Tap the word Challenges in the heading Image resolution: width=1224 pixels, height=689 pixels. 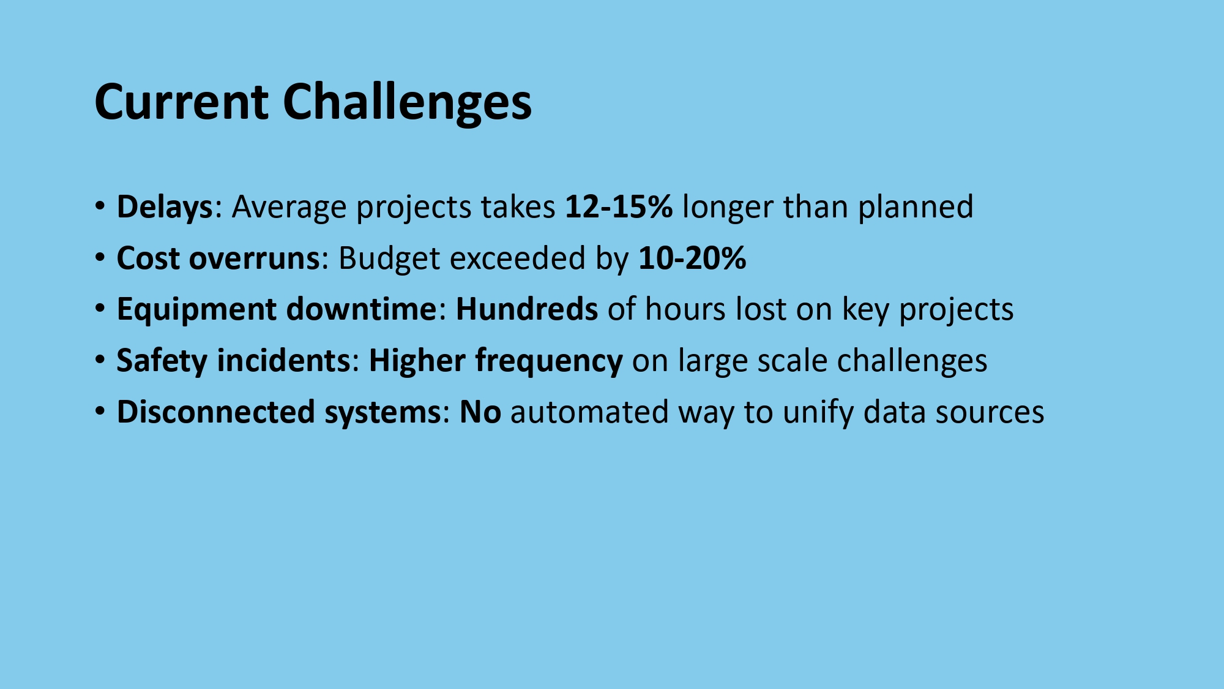[x=407, y=102]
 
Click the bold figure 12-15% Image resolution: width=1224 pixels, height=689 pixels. [x=619, y=206]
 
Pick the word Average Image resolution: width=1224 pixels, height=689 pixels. [x=290, y=208]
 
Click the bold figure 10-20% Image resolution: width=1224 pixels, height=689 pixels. [x=692, y=258]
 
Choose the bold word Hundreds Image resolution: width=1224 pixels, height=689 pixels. [x=527, y=309]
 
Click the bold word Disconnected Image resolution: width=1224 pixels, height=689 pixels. [x=215, y=412]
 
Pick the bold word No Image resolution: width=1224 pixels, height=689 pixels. [x=480, y=412]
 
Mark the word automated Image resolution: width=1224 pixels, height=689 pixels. [x=589, y=412]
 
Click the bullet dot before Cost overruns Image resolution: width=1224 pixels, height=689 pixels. [x=100, y=257]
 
